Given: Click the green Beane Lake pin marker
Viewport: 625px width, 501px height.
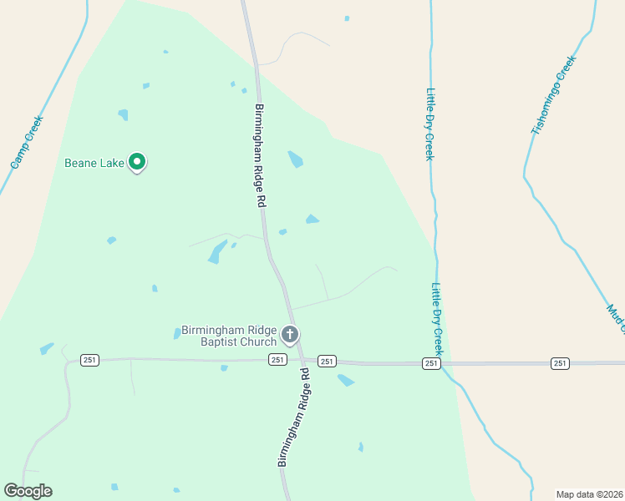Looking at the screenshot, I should click(137, 162).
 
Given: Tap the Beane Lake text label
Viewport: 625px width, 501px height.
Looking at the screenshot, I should click(94, 163).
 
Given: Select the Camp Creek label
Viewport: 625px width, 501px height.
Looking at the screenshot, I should click(26, 142).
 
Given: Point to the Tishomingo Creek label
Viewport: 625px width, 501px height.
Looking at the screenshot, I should click(554, 95).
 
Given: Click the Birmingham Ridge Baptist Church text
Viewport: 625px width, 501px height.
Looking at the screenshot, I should click(229, 336).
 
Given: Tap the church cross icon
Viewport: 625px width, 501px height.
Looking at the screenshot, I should click(290, 336).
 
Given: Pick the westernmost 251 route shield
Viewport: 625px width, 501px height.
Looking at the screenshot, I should click(90, 360).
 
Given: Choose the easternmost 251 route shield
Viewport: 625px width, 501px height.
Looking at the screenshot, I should click(560, 363).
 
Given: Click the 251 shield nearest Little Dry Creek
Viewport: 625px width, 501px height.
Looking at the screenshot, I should click(431, 363).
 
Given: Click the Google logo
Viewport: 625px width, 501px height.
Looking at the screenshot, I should click(28, 491).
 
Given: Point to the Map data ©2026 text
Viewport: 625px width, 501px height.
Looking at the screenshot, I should click(589, 494).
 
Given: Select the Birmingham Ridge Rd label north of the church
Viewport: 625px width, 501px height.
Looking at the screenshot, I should click(260, 156).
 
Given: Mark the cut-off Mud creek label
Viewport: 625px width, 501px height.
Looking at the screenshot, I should click(617, 318).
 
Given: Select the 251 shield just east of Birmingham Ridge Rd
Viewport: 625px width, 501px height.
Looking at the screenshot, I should click(327, 362).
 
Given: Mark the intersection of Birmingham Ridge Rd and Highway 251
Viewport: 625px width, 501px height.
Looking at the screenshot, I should click(300, 361).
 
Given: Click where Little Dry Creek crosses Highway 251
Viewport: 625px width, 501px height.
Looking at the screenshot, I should click(444, 364).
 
